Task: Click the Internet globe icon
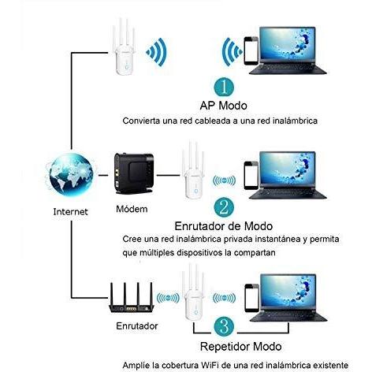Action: (x=71, y=175)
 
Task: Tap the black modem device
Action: (x=134, y=173)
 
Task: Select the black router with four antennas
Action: (x=132, y=297)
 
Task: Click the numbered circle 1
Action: (x=224, y=87)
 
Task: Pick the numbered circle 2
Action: (x=224, y=207)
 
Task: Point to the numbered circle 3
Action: (x=224, y=326)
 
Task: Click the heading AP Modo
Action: (x=223, y=106)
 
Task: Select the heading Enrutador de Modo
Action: (x=224, y=226)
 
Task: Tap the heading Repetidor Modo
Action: (x=240, y=347)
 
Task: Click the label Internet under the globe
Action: (x=70, y=212)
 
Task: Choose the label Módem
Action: (x=132, y=209)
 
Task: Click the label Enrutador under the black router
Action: (x=137, y=326)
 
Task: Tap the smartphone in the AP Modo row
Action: (x=251, y=50)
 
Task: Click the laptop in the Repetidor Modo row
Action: (x=288, y=298)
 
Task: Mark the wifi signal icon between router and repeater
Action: (x=168, y=298)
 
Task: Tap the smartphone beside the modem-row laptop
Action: (x=251, y=175)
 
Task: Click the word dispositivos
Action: (x=199, y=253)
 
